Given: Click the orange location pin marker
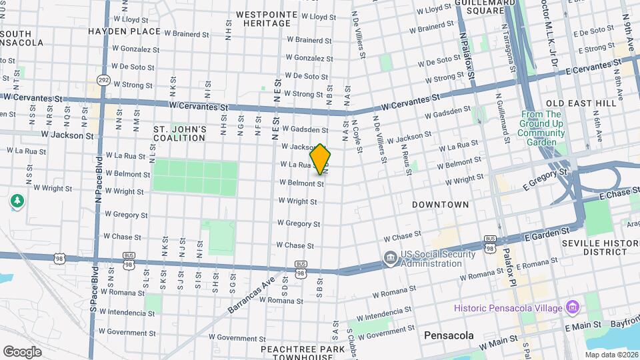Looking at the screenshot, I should click(321, 159).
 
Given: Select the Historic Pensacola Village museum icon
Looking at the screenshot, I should click(572, 307).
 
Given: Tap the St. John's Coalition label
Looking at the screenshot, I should click(180, 133).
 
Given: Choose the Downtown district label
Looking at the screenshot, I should click(440, 204).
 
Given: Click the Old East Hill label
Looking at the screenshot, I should click(581, 103).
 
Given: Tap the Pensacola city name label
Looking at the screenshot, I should click(448, 335).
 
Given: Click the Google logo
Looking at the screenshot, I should click(23, 351).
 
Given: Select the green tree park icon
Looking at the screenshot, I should click(17, 201).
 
